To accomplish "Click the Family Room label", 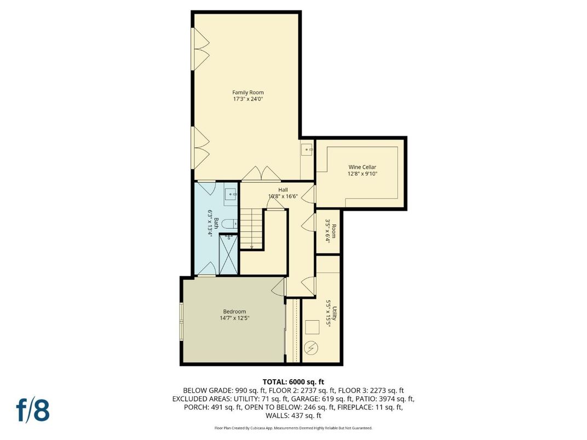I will [x=248, y=92].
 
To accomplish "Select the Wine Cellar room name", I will [x=362, y=167].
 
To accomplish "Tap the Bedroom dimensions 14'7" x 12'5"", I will [x=234, y=318].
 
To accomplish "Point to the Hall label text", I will [x=283, y=190].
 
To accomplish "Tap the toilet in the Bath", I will [x=232, y=223].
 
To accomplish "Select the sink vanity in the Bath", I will [x=231, y=193].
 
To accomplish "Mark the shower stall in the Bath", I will [x=228, y=253].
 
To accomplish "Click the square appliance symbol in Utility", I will [x=312, y=327].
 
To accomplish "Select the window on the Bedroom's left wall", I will [x=182, y=321].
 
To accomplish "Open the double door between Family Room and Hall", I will [x=261, y=174].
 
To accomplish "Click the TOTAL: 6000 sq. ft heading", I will [x=293, y=381].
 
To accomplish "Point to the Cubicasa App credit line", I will [x=293, y=428].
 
